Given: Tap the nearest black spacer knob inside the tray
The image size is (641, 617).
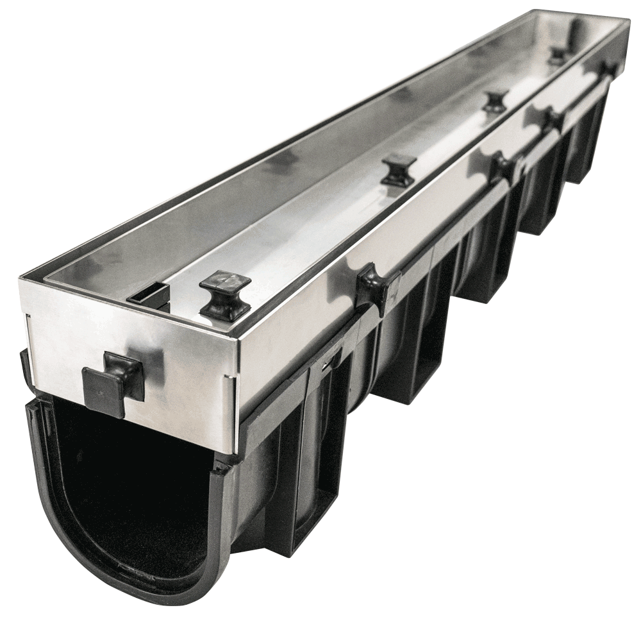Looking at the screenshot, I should [224, 295].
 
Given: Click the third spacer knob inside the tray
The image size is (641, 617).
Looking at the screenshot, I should [495, 101].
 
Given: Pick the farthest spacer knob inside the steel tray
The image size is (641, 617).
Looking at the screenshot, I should [558, 55].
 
